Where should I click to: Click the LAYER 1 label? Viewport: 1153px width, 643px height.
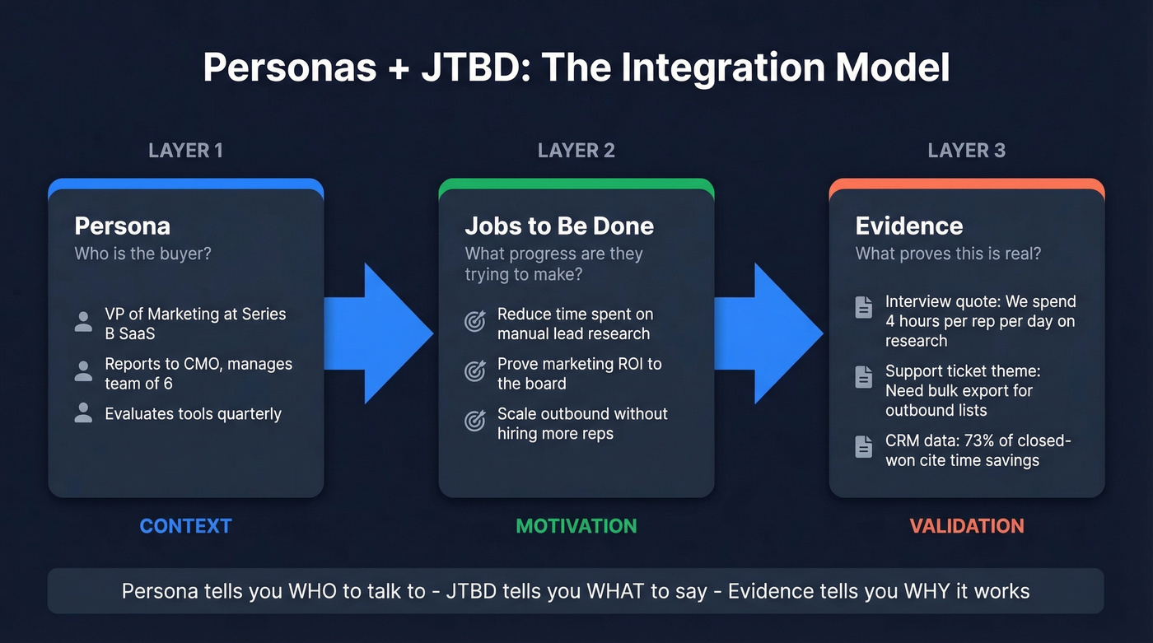click(x=185, y=151)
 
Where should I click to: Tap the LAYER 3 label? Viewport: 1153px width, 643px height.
click(x=966, y=151)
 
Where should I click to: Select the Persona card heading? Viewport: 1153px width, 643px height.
click(x=122, y=226)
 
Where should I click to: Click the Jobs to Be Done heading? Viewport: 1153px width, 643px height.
click(x=559, y=226)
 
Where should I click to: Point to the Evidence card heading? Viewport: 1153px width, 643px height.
click(x=908, y=226)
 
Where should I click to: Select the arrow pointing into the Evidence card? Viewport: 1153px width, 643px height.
click(x=771, y=333)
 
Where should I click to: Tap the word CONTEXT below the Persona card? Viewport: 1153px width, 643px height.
click(x=185, y=526)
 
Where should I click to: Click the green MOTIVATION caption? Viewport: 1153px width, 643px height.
click(x=576, y=526)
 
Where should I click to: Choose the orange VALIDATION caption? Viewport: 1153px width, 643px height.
click(x=966, y=526)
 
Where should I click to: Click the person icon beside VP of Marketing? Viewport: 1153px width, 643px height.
click(x=83, y=322)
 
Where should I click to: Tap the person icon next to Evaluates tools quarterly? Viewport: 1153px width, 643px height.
click(x=83, y=413)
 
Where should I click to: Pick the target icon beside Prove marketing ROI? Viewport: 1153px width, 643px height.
click(x=475, y=372)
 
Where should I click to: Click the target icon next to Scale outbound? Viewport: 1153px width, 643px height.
click(x=475, y=422)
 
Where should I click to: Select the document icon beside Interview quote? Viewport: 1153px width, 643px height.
click(x=863, y=307)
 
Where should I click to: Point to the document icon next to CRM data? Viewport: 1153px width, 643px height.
click(x=863, y=447)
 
